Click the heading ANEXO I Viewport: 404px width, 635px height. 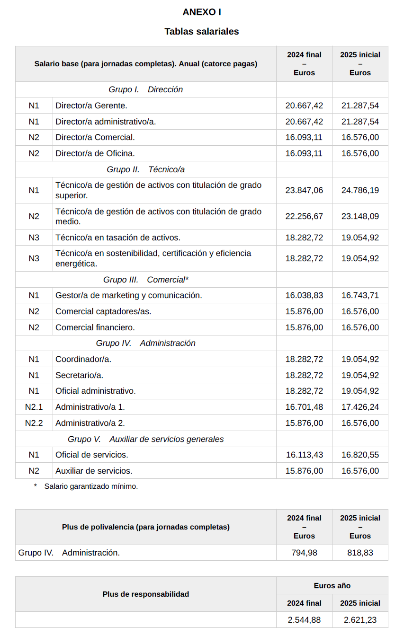click(202, 12)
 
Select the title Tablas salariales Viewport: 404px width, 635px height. click(202, 32)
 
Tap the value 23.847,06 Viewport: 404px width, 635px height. click(304, 190)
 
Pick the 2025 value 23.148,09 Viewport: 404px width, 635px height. click(360, 216)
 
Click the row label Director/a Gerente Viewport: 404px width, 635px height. click(91, 106)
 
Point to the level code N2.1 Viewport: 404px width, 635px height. click(34, 407)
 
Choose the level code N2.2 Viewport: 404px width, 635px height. click(34, 423)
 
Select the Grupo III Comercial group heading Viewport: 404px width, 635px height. click(146, 280)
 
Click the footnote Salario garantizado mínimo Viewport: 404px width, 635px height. click(91, 486)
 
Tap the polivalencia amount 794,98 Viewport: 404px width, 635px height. click(304, 553)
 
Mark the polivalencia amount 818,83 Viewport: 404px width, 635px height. click(360, 553)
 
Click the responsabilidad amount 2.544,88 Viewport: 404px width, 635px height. click(304, 620)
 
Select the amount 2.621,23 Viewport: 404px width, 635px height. click(360, 620)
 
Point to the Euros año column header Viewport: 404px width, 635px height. click(332, 586)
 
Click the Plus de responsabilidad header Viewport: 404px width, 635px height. click(146, 594)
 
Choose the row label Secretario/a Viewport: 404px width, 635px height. click(79, 375)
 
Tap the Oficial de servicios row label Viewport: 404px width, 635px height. click(92, 455)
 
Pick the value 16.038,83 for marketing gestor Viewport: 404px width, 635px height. click(304, 295)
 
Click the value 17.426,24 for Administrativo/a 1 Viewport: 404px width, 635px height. click(360, 407)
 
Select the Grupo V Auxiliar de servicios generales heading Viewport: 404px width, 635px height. click(146, 439)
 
